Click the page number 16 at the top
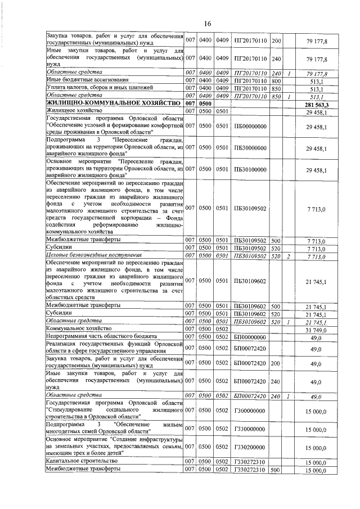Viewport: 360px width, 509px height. (x=207, y=24)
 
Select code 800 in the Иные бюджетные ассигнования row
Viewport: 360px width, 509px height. (x=276, y=80)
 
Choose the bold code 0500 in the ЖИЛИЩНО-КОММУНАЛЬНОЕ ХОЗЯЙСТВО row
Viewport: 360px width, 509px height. (x=206, y=104)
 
